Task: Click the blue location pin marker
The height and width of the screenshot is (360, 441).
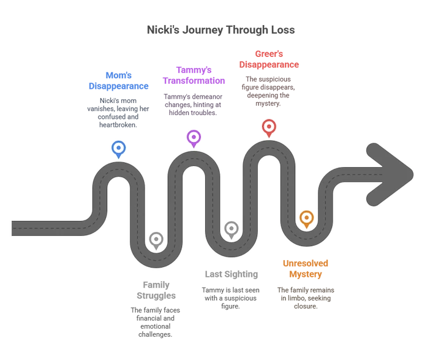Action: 118,149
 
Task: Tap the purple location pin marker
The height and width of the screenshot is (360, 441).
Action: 194,138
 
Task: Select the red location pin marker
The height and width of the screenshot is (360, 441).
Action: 269,128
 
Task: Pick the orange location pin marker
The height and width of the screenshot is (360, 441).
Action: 307,219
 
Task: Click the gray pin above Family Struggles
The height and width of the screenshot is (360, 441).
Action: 156,241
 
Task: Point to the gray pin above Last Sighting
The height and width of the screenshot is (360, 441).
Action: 232,230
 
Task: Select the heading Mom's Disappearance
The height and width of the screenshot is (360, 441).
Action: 118,81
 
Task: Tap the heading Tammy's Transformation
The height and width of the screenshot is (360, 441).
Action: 194,75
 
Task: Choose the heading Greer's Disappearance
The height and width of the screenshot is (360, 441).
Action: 269,59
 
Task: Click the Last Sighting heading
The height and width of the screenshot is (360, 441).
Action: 231,274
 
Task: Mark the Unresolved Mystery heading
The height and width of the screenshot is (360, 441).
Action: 306,269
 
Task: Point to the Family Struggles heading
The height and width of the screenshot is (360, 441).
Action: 156,290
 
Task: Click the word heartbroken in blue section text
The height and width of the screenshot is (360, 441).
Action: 118,125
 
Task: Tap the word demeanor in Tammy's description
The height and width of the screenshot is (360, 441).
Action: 209,97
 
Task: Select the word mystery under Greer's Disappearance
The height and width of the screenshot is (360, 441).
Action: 268,103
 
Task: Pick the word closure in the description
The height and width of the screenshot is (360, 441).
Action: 306,306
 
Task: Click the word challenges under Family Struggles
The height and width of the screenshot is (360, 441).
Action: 155,334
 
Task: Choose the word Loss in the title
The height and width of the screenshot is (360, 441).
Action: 283,30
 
